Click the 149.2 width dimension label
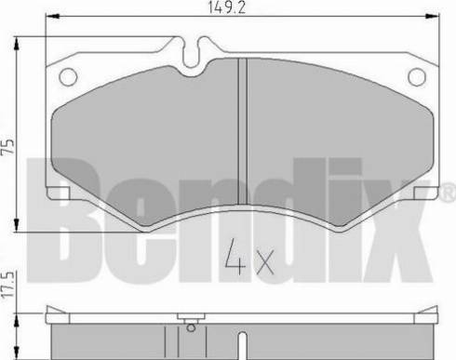(226, 7)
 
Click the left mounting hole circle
(68, 76)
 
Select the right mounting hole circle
(417, 77)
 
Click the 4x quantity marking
(249, 257)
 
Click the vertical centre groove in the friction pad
(242, 131)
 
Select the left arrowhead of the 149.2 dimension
(52, 17)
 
